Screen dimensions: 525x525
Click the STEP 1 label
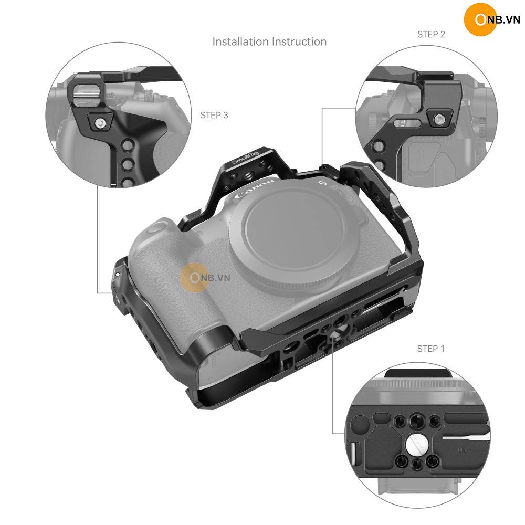430,349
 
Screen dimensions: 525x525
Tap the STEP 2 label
431,35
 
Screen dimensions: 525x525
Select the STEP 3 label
214,115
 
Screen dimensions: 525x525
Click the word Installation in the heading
240,41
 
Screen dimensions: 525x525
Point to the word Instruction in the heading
299,41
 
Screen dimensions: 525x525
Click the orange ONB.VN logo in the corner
491,19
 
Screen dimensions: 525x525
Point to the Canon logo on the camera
255,190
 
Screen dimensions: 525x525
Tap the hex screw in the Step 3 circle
99,123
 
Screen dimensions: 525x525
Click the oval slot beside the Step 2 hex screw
406,123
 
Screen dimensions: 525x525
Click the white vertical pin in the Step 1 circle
353,454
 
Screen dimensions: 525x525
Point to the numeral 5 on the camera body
322,183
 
